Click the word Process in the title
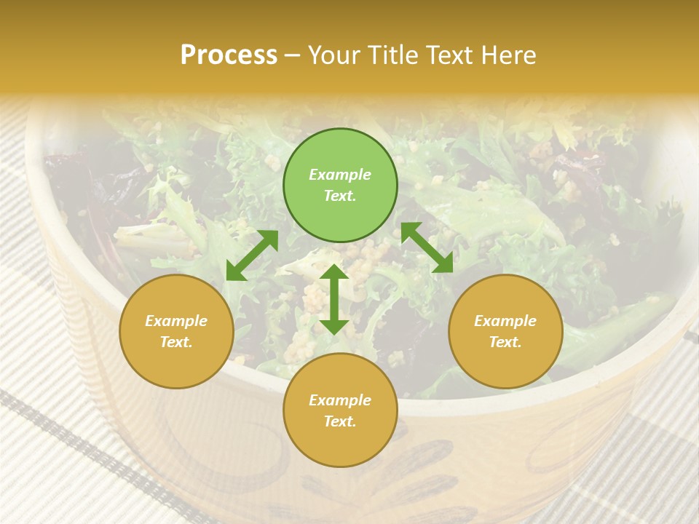[x=229, y=55]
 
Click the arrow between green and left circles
[x=252, y=255]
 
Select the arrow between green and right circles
[x=427, y=247]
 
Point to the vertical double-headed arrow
[x=334, y=299]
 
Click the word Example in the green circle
[x=340, y=175]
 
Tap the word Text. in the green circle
[x=340, y=196]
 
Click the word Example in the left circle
[x=176, y=321]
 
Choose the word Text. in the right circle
[x=505, y=342]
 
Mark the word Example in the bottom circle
[x=340, y=400]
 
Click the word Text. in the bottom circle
[x=340, y=421]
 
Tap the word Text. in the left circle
[x=176, y=342]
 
